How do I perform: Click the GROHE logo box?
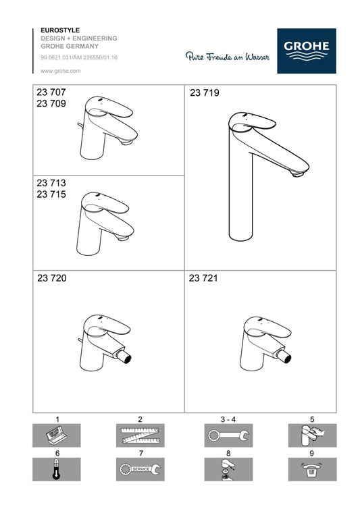(307, 51)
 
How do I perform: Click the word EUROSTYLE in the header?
(60, 30)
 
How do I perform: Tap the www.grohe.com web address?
(60, 71)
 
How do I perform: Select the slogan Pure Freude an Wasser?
(228, 57)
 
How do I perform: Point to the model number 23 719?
(205, 93)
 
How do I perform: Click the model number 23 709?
(51, 103)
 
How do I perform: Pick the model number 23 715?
(51, 194)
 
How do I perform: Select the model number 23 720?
(51, 278)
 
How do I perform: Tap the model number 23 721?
(203, 278)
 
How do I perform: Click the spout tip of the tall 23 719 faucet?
(298, 174)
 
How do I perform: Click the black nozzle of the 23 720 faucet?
(127, 358)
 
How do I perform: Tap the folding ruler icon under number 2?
(140, 435)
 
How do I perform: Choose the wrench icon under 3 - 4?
(228, 435)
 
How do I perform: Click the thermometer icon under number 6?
(57, 469)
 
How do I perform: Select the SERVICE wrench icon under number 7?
(140, 469)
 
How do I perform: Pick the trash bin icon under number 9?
(312, 469)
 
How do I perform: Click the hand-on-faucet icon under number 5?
(312, 435)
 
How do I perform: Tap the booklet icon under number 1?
(57, 435)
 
